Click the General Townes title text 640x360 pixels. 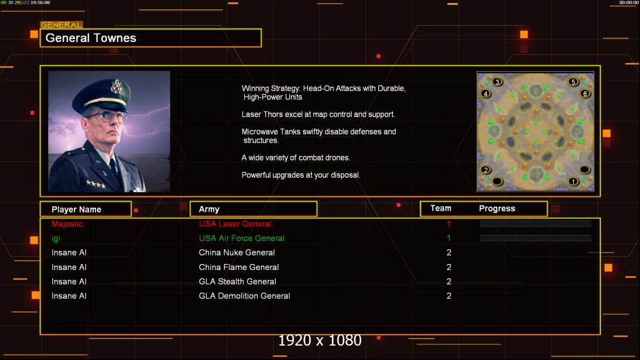click(91, 38)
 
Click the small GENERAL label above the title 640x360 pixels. click(61, 25)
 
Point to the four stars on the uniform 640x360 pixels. click(95, 185)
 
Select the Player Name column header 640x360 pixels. click(76, 209)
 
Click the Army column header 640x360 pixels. click(209, 209)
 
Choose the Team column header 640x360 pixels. click(441, 208)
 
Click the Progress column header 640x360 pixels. click(497, 209)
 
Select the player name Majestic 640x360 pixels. click(67, 224)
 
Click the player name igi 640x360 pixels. click(56, 238)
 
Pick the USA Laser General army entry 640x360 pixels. click(235, 224)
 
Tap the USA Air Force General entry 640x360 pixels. click(241, 238)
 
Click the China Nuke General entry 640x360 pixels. click(237, 253)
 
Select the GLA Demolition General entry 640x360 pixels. click(244, 296)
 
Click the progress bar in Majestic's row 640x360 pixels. click(536, 224)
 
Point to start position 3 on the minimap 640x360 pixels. click(498, 82)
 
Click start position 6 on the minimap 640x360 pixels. click(585, 94)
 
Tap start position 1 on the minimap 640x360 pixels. click(573, 181)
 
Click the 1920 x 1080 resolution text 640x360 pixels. click(319, 341)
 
